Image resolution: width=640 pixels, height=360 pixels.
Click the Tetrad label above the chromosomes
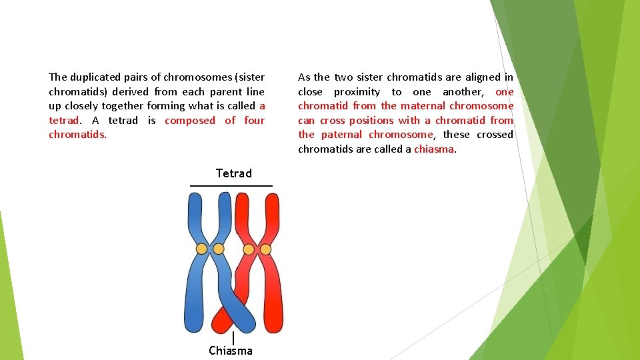[233, 173]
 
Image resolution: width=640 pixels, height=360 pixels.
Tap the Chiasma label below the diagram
[231, 350]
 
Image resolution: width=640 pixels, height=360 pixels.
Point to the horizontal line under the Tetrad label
[231, 185]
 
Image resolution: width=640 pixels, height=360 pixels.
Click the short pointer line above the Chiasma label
[233, 338]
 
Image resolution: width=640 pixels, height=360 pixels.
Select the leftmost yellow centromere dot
[201, 249]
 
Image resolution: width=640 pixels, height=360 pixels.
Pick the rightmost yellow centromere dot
[265, 249]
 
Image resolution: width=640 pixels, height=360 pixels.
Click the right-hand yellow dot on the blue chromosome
[218, 249]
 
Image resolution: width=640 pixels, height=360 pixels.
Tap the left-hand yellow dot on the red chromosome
[249, 249]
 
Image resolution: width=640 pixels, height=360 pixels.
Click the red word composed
[190, 121]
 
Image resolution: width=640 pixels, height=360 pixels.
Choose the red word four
[254, 121]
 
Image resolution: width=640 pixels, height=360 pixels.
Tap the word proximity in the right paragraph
[357, 92]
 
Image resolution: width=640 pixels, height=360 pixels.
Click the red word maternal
[423, 106]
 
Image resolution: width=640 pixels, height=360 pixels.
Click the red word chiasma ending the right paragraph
[434, 149]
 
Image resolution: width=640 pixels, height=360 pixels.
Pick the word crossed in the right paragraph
[495, 135]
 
